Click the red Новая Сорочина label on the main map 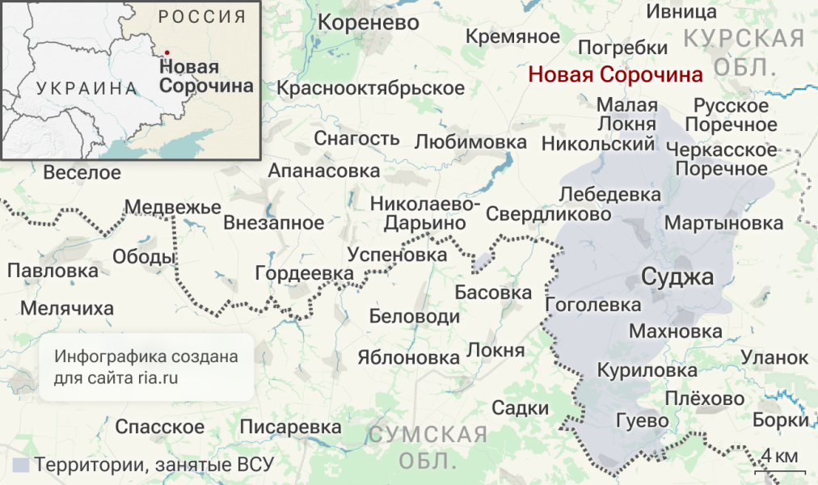click(x=615, y=74)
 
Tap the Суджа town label click(x=677, y=277)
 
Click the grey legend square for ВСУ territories click(x=21, y=465)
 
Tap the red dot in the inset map click(x=167, y=53)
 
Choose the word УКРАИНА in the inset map click(x=86, y=89)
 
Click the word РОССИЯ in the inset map click(x=203, y=17)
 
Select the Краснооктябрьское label click(x=371, y=88)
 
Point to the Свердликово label click(x=549, y=214)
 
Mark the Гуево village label click(x=643, y=421)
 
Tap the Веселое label click(x=82, y=172)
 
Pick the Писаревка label click(x=291, y=426)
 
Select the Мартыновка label click(x=724, y=222)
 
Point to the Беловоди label click(x=414, y=316)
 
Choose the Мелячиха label click(x=67, y=308)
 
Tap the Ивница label click(x=681, y=11)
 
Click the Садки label click(x=521, y=407)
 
